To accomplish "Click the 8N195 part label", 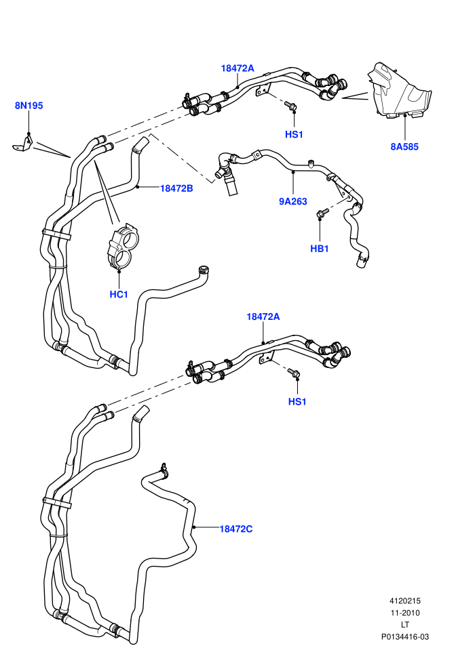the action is point(28,105).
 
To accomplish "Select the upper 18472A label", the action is point(237,68).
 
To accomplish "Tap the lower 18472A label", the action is point(263,317).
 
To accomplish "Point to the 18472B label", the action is point(176,188).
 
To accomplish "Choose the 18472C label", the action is point(236,529).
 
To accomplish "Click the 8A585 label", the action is point(404,147).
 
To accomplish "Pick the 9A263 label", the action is point(293,201).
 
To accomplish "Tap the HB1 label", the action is point(319,249).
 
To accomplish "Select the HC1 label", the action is point(119,294).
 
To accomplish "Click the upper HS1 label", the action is point(294,134).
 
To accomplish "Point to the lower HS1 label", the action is point(297,401).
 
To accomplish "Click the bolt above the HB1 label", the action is point(322,213).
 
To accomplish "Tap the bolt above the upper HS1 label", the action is point(291,106).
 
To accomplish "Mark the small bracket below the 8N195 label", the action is point(22,143).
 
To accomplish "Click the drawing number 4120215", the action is point(404,601).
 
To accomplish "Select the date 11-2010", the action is point(404,613).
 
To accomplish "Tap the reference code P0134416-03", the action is point(404,636).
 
